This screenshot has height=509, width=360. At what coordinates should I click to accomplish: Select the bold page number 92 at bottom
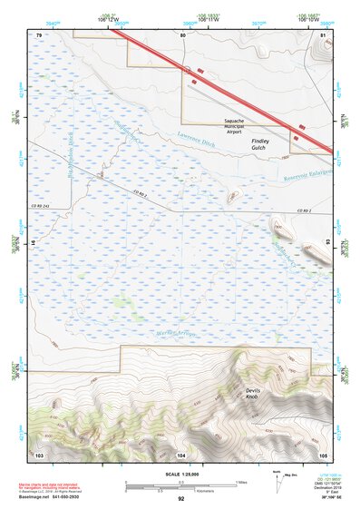click(180, 498)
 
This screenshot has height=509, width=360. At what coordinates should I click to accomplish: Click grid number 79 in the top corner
click(39, 34)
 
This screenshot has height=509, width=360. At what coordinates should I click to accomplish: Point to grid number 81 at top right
click(324, 34)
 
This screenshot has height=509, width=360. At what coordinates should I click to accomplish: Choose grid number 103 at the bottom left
click(39, 453)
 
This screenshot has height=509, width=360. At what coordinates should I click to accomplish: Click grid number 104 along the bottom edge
click(181, 453)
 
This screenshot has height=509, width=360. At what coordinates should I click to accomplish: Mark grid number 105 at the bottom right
click(322, 453)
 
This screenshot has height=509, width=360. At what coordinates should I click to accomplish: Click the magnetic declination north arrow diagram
click(277, 480)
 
